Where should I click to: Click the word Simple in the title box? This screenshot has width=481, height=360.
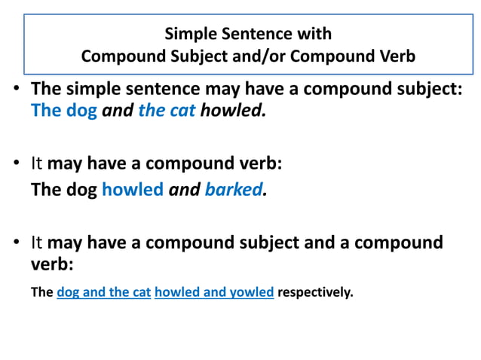pyautogui.click(x=188, y=34)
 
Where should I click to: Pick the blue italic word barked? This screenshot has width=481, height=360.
pyautogui.click(x=233, y=189)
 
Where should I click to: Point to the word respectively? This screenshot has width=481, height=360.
pyautogui.click(x=315, y=292)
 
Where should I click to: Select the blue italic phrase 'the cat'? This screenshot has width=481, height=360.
pyautogui.click(x=167, y=111)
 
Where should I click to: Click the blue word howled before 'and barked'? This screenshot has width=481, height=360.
pyautogui.click(x=132, y=189)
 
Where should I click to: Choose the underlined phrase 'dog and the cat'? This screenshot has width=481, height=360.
pyautogui.click(x=104, y=292)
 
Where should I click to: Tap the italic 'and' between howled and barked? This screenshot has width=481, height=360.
pyautogui.click(x=184, y=189)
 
